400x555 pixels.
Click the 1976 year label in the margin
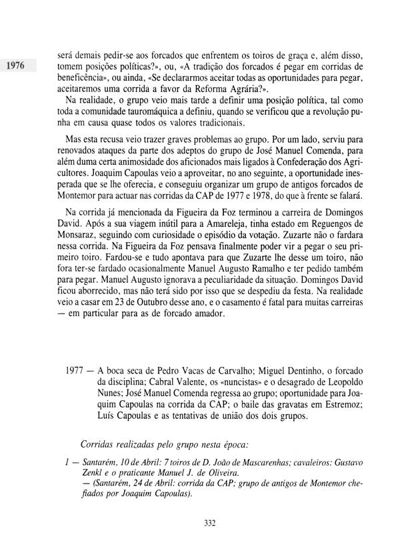(15, 66)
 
